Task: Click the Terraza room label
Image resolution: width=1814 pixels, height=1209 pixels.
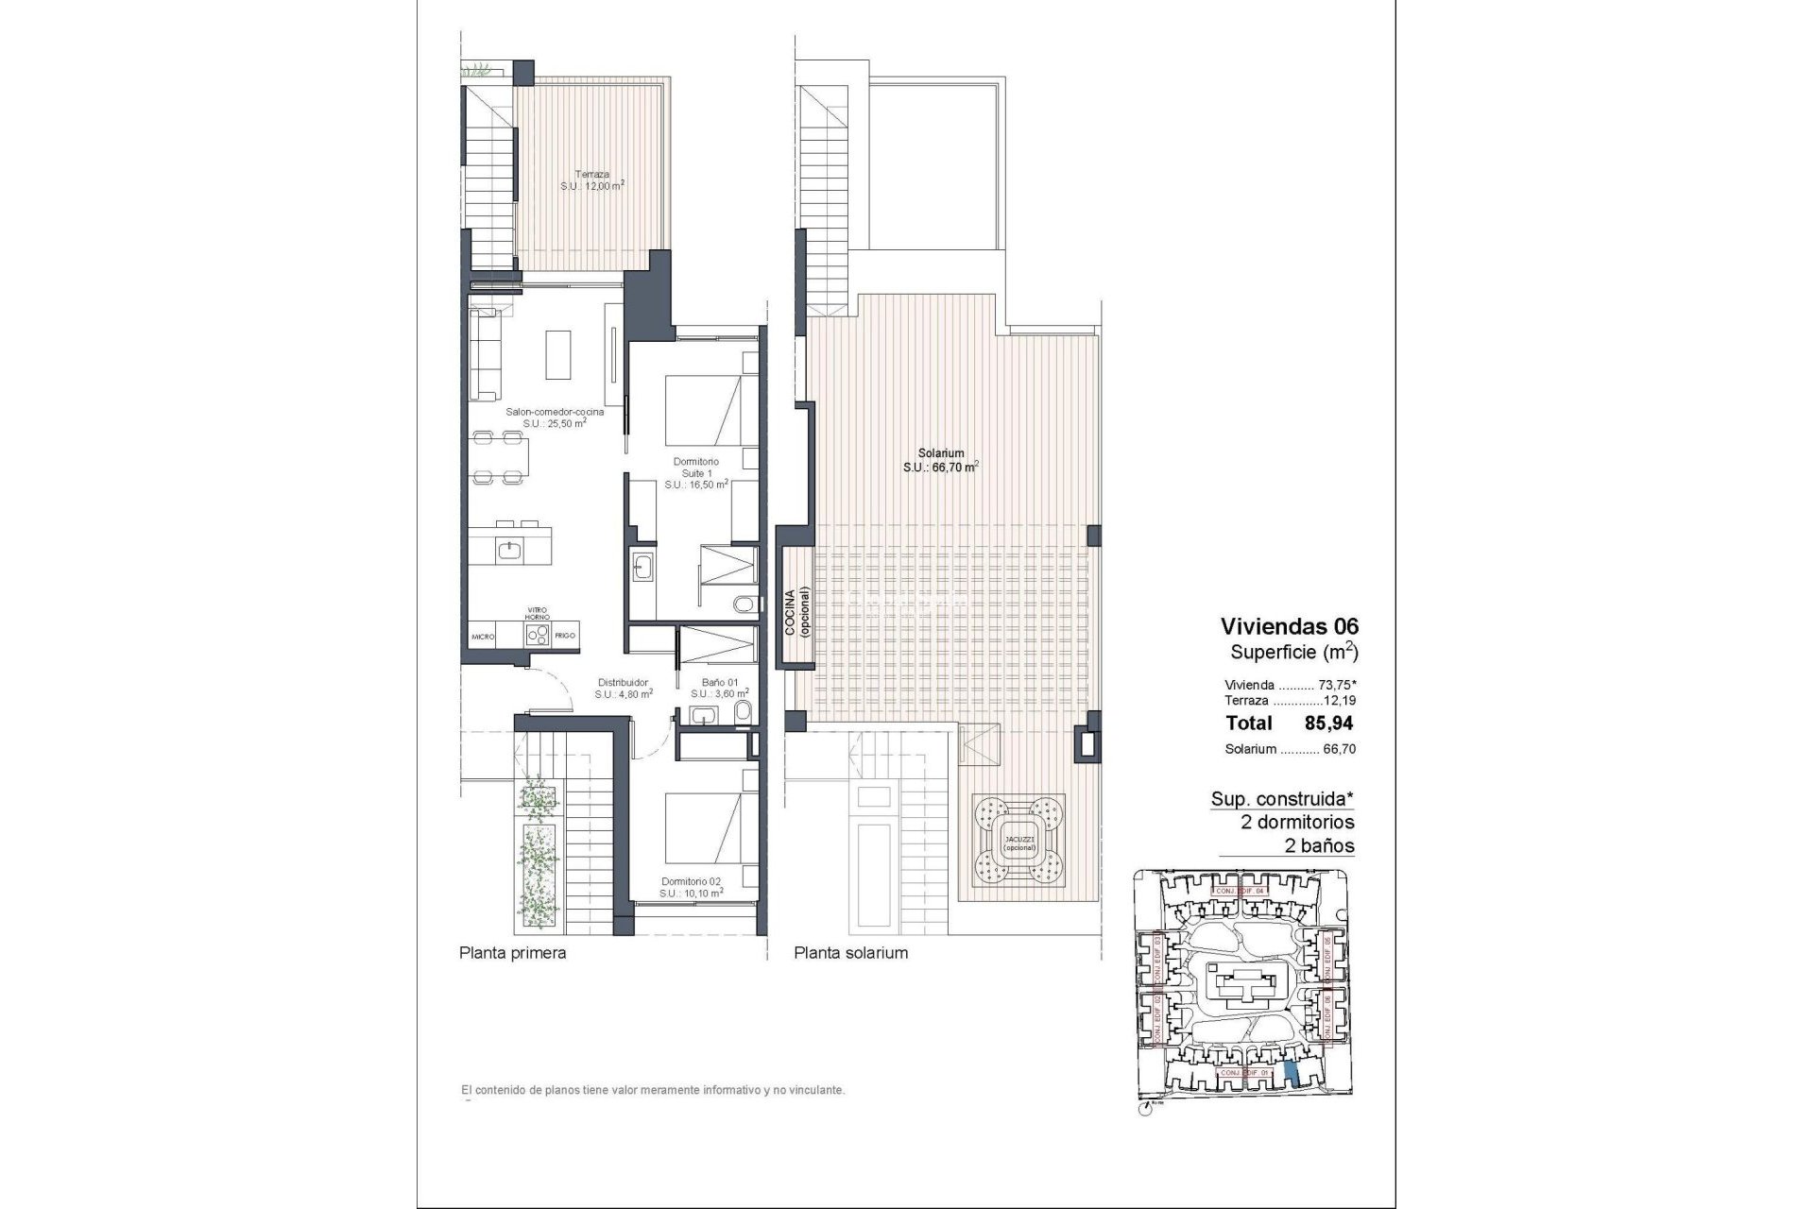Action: pyautogui.click(x=592, y=180)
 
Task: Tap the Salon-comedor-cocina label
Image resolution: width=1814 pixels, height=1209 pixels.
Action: pyautogui.click(x=555, y=417)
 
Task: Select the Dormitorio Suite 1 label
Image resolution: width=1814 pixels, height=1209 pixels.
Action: pyautogui.click(x=696, y=472)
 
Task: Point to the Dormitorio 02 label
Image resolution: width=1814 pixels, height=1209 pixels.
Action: pyautogui.click(x=692, y=886)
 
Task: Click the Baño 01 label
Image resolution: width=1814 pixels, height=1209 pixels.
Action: pyautogui.click(x=719, y=687)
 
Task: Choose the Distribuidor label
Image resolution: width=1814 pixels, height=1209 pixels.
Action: pyautogui.click(x=623, y=687)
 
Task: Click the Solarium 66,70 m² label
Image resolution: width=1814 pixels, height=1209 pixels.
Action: pyautogui.click(x=939, y=459)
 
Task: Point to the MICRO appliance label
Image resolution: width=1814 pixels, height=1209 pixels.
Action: pyautogui.click(x=484, y=638)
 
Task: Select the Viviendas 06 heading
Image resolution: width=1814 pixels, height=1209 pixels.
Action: pyautogui.click(x=1289, y=626)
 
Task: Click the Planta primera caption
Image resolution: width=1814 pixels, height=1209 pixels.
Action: pyautogui.click(x=512, y=953)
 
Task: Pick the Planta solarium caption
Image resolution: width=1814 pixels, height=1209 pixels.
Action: pyautogui.click(x=850, y=953)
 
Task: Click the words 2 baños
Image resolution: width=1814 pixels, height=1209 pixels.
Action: pyautogui.click(x=1320, y=846)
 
